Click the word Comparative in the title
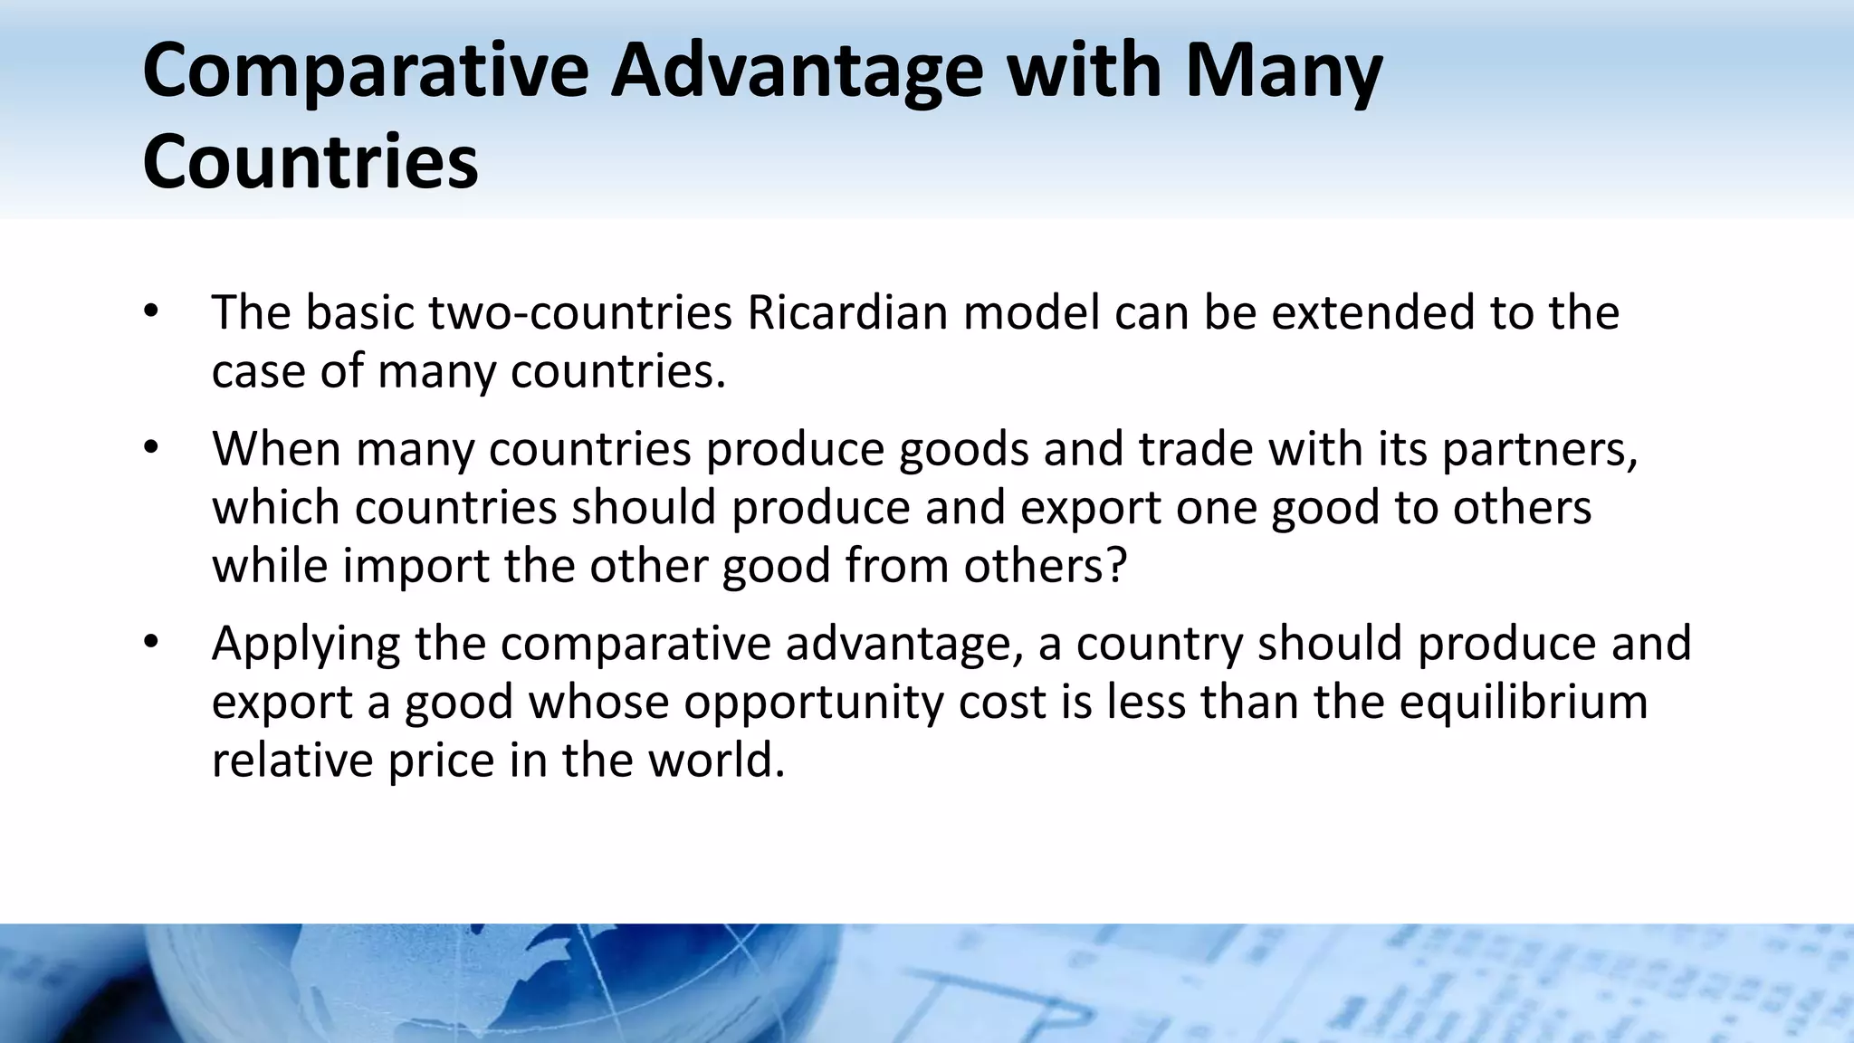click(365, 72)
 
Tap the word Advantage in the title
click(796, 72)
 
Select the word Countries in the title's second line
click(310, 163)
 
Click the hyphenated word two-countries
click(579, 313)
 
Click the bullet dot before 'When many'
click(150, 448)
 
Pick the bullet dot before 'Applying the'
click(150, 643)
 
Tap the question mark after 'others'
click(1117, 566)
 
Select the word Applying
click(305, 646)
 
